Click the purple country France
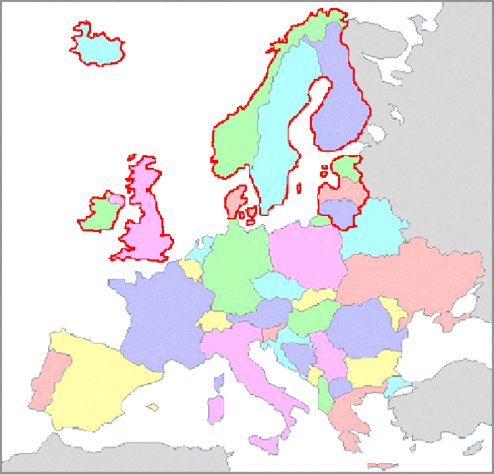157,314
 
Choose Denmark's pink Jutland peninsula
235,201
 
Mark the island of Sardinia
216,409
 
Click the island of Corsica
218,383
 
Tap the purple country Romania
361,328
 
